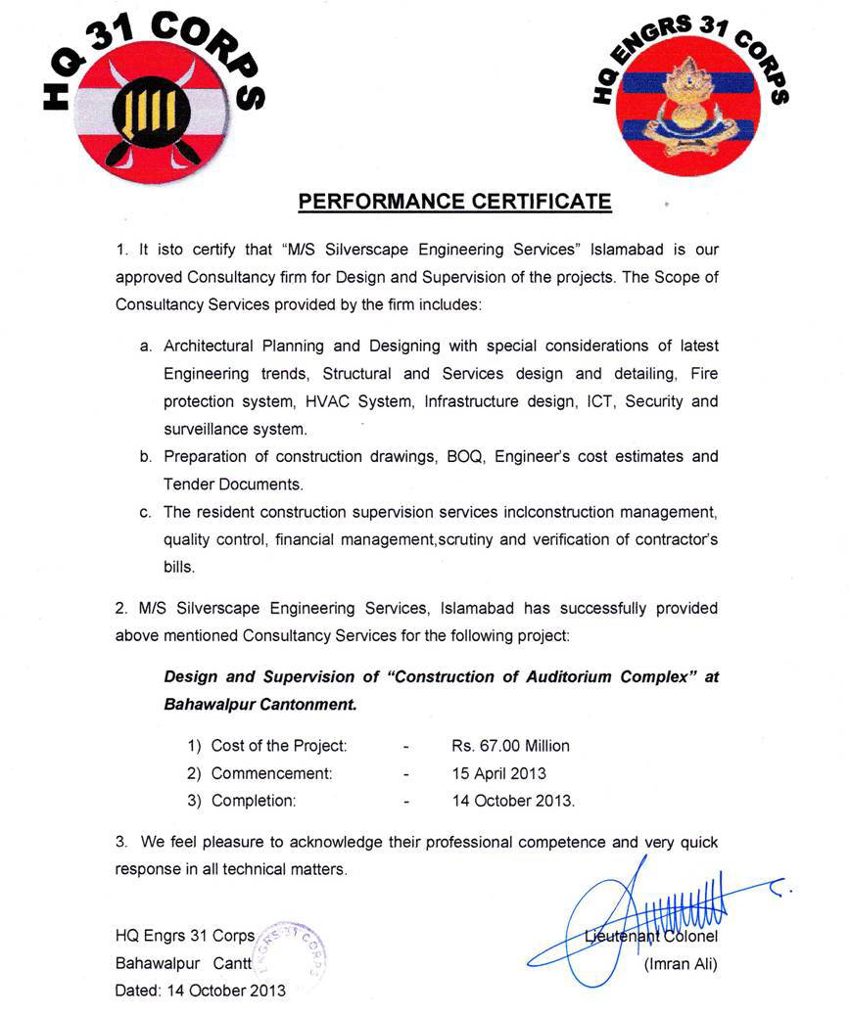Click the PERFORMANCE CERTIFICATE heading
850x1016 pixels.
[x=454, y=202]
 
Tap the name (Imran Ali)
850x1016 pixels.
[x=681, y=964]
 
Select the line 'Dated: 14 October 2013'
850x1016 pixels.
[x=201, y=990]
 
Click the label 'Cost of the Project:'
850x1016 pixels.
[x=279, y=746]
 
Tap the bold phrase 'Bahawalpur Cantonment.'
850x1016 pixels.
[x=260, y=704]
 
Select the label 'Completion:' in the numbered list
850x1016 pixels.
[x=253, y=801]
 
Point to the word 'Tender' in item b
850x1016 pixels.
[x=190, y=484]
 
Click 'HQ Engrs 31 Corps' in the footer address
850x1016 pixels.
[x=185, y=935]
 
